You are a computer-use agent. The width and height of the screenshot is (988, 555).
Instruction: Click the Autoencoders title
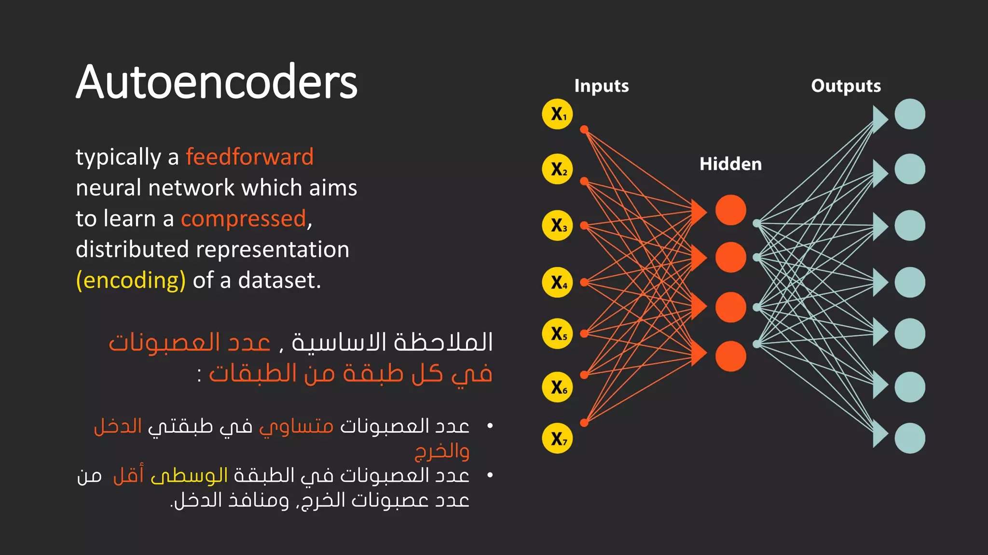click(217, 82)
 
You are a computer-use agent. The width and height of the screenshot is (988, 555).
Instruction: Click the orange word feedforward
click(249, 157)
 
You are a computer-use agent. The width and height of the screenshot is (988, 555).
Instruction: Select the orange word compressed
click(244, 219)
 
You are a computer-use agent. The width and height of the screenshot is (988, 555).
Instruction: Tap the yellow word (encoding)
click(131, 280)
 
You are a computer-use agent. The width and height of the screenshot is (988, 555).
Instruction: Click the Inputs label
click(601, 86)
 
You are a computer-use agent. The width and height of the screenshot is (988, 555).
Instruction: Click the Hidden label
click(730, 164)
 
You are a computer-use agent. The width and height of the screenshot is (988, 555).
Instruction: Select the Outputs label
click(845, 86)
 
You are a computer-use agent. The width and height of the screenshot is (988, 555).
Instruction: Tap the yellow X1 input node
click(557, 114)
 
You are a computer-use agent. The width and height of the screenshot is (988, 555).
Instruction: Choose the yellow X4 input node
click(557, 282)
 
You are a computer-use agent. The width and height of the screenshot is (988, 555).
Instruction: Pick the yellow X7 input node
click(557, 438)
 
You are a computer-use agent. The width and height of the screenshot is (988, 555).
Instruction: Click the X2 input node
click(557, 169)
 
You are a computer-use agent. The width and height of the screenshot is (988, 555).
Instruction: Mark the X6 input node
click(557, 387)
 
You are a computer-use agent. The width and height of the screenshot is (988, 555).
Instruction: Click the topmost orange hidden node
click(730, 210)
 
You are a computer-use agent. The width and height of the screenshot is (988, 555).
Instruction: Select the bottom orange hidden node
click(730, 357)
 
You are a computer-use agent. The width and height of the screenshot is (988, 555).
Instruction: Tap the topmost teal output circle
click(909, 114)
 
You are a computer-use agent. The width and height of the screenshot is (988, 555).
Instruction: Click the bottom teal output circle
click(909, 438)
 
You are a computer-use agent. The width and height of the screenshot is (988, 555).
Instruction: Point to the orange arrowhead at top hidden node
click(698, 212)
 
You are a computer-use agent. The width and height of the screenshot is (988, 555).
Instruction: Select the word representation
click(273, 250)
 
